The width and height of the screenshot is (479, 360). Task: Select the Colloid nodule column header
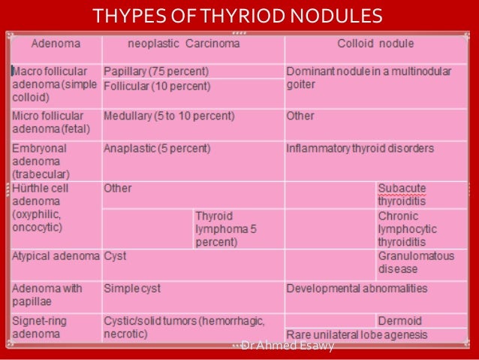click(375, 44)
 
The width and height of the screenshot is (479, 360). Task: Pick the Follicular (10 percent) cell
click(157, 86)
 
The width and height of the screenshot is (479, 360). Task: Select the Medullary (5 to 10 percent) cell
click(169, 117)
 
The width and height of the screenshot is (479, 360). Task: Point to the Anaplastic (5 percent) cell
click(157, 149)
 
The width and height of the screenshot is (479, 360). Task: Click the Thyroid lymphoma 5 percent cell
click(226, 228)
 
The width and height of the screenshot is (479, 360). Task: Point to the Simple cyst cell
click(132, 289)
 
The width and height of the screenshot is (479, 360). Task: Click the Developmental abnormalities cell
click(357, 289)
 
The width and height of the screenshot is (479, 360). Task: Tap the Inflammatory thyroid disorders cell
click(360, 149)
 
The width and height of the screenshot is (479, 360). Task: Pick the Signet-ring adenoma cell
click(39, 326)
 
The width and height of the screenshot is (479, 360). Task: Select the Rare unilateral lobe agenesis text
click(357, 334)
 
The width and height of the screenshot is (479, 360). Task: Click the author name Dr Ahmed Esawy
click(287, 345)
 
